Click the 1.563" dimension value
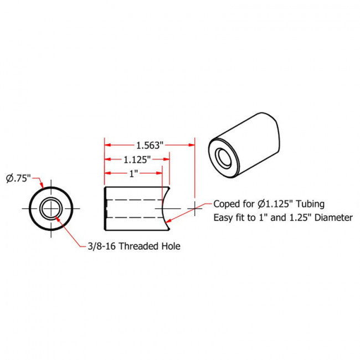click(x=150, y=146)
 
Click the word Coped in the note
click(x=225, y=204)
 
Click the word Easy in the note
click(x=223, y=218)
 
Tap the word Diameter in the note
click(x=333, y=218)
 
